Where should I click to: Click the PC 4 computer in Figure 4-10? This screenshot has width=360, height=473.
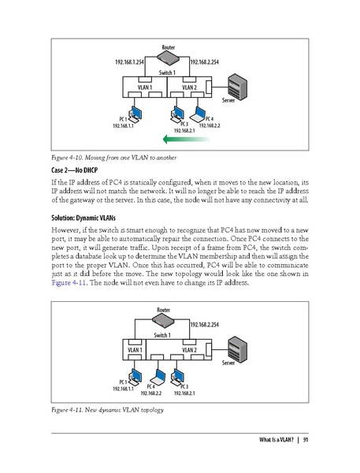(x=199, y=114)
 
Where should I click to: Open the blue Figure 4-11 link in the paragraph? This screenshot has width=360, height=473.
(x=66, y=279)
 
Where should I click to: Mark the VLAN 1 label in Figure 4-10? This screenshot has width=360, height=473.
(x=144, y=88)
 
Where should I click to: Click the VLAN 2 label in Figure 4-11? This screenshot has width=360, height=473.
(x=189, y=349)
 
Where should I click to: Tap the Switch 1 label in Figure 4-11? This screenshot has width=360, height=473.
(x=167, y=334)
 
